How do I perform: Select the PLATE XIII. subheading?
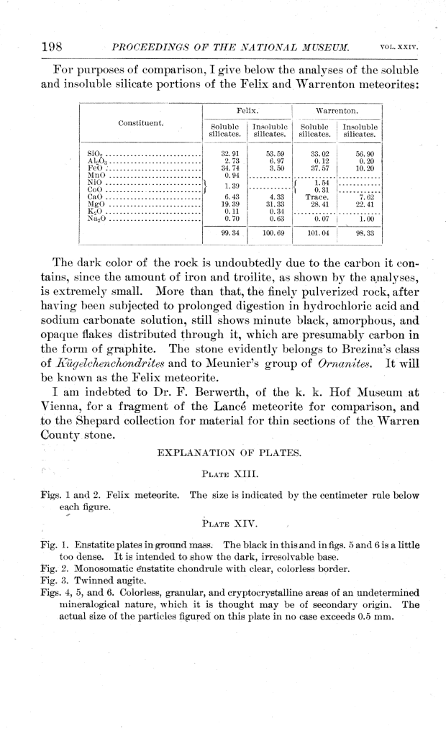[x=222, y=475]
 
